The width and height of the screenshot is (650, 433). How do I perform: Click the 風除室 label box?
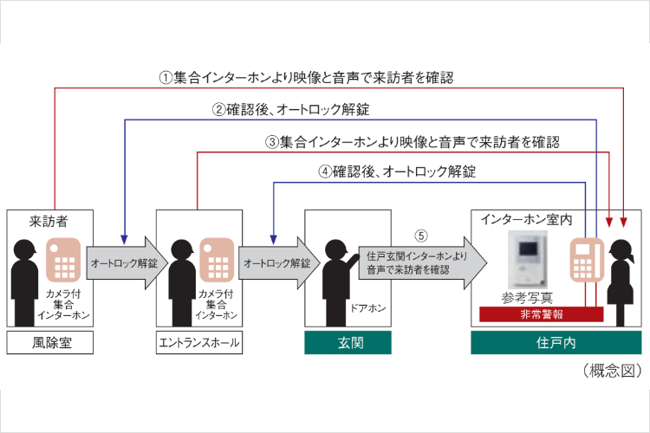click(x=45, y=343)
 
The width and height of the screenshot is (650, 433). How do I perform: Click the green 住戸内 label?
click(x=556, y=343)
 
